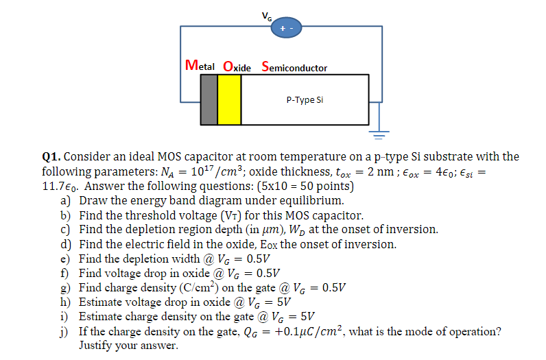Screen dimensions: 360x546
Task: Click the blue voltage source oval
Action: point(283,28)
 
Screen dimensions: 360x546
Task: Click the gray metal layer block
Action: point(209,99)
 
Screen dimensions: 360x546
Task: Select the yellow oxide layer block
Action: point(230,99)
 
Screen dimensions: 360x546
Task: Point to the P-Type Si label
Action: point(304,100)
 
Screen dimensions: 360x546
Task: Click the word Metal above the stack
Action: point(200,67)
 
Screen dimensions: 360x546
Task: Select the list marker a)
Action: point(67,200)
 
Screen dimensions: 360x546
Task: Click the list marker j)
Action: point(67,331)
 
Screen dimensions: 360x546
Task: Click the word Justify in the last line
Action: point(97,345)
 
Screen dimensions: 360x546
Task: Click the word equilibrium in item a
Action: point(308,201)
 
